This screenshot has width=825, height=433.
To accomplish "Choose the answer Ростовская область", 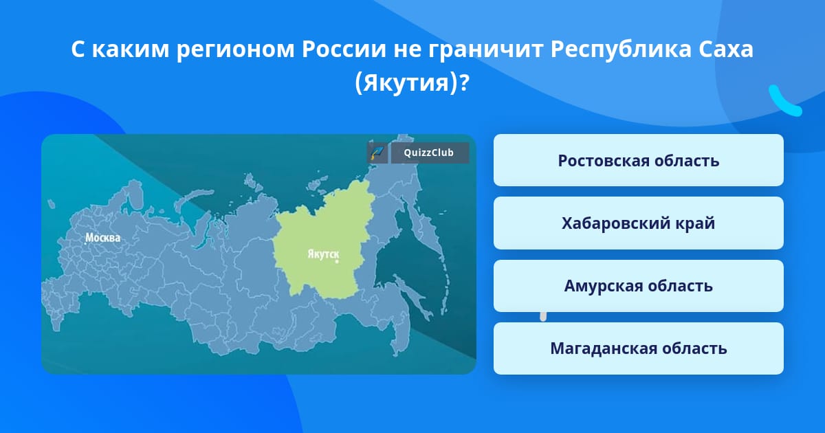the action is pos(638,160).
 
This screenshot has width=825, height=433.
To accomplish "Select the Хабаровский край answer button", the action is pos(638,223).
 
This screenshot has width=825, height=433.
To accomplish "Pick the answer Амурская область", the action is pos(638,286).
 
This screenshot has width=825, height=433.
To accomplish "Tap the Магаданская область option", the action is pos(638,348).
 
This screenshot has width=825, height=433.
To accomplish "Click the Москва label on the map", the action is pos(102,238).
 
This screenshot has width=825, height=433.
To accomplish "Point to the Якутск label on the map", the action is pos(323,254).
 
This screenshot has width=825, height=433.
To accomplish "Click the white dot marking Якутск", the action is pos(337,261).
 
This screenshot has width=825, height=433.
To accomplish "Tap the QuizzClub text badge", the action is pos(430,153).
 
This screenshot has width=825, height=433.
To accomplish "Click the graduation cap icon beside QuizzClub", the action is pos(377,153).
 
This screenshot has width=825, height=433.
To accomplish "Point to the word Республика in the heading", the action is pos(621,49).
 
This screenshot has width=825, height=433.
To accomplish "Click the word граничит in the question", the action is pos(486,49).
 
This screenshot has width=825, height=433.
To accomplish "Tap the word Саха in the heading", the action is pos(725,49).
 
